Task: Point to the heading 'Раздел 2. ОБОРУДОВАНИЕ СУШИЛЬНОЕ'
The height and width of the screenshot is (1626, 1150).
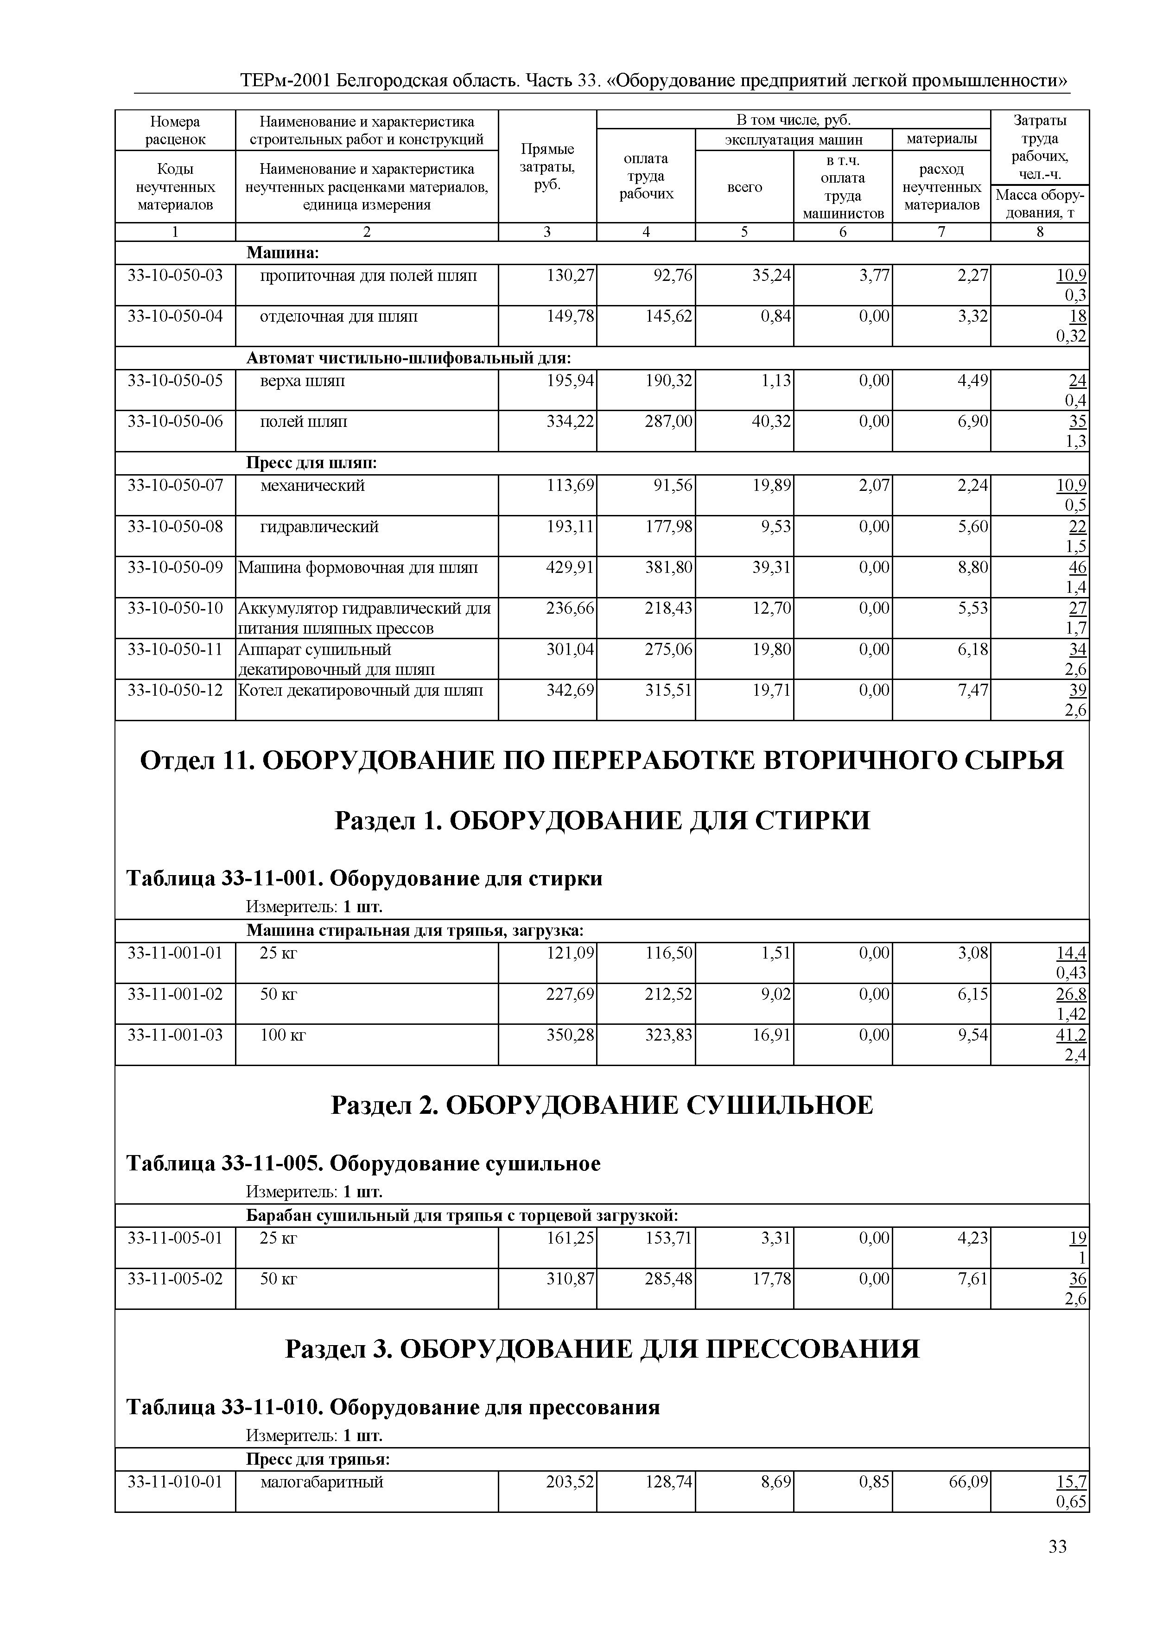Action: point(602,1105)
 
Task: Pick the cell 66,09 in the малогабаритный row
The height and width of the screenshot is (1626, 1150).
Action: point(968,1481)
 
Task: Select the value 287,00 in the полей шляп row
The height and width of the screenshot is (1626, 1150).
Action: point(668,422)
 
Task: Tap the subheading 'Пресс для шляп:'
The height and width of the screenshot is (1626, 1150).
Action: point(311,463)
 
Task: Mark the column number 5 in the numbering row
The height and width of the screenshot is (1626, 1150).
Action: point(744,232)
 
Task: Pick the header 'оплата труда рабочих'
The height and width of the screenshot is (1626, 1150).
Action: point(645,176)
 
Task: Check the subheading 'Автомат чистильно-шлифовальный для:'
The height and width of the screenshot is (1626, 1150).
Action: point(408,358)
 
